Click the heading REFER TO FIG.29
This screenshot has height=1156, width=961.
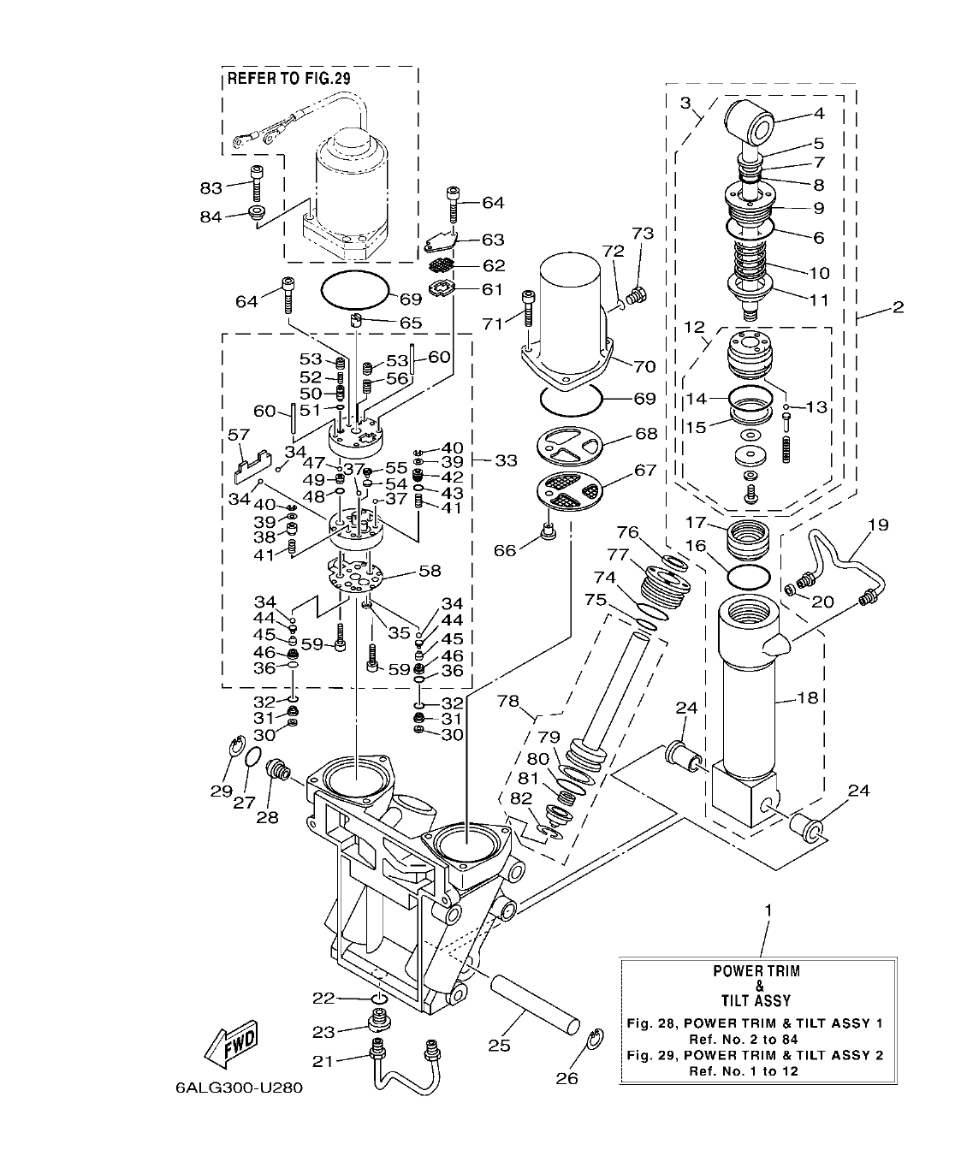tap(289, 80)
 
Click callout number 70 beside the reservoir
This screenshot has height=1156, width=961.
tap(644, 367)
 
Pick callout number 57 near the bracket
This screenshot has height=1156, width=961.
tap(240, 436)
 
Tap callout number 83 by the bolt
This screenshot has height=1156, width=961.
tap(211, 187)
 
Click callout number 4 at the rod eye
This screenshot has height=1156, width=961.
tap(818, 112)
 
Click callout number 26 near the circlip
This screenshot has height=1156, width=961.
tap(567, 1078)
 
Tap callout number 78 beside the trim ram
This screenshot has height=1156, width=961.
tap(509, 700)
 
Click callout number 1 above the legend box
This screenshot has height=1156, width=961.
tap(768, 910)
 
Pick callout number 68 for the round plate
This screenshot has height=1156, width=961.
tap(645, 434)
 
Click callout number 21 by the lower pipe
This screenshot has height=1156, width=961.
tap(322, 1061)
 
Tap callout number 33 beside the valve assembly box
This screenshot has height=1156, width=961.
tap(506, 460)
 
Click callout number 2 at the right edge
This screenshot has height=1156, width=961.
tap(897, 307)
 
